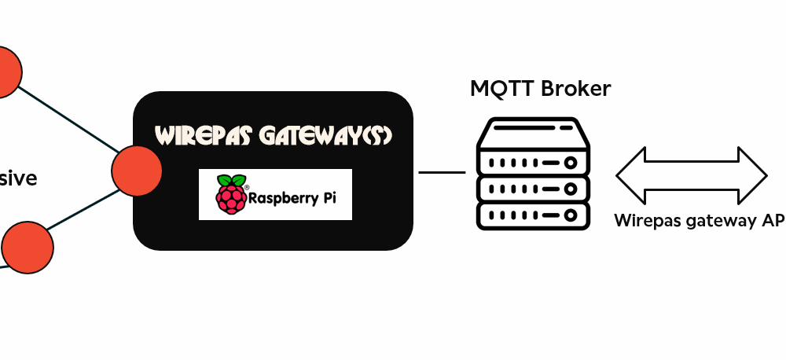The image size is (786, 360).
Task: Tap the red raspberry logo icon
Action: (x=231, y=193)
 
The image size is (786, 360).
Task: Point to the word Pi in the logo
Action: (x=329, y=198)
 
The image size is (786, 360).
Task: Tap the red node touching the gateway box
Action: (x=137, y=170)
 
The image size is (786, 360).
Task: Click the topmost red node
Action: (x=5, y=72)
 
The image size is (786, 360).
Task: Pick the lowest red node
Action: (x=28, y=247)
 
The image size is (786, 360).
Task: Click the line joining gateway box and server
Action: (x=442, y=172)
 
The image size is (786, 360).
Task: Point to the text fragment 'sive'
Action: (x=18, y=178)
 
